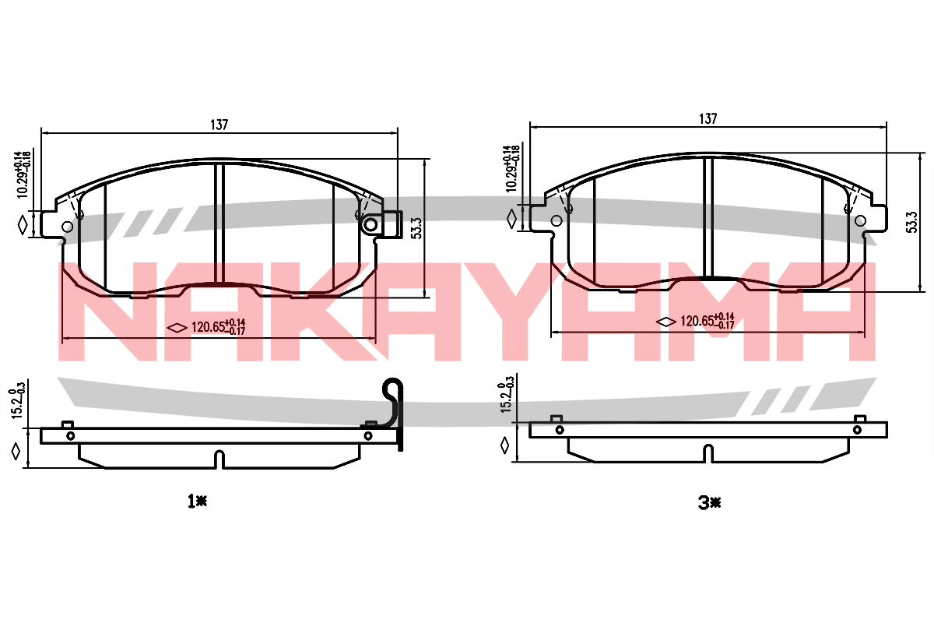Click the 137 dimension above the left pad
tap(219, 125)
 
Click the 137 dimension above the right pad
tap(708, 119)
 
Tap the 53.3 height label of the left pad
tap(416, 228)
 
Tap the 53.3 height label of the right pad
tap(912, 222)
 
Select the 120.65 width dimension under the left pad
tap(218, 327)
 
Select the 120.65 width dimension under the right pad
tap(708, 321)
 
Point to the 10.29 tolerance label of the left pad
tap(23, 175)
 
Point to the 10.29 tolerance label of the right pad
tap(512, 168)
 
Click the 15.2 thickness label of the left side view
tap(16, 401)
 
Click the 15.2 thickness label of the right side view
tap(505, 394)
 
